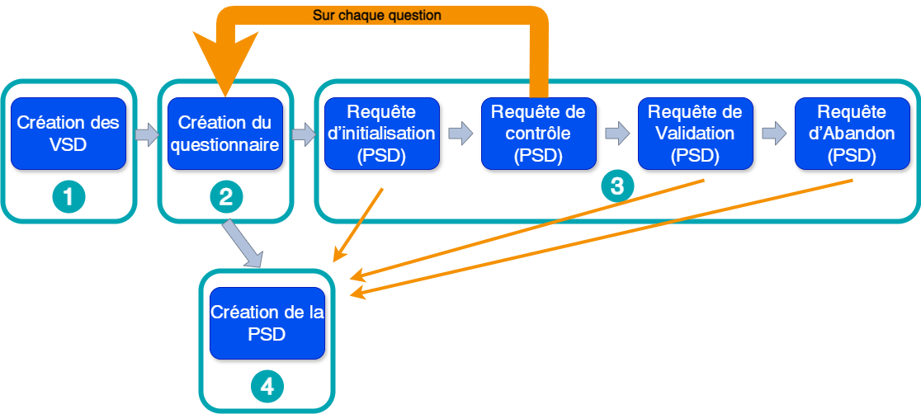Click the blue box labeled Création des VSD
pyautogui.click(x=68, y=134)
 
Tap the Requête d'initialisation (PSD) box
pyautogui.click(x=381, y=134)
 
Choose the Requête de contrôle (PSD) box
pyautogui.click(x=538, y=134)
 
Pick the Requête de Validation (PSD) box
pyautogui.click(x=695, y=134)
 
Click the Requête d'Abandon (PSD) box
pyautogui.click(x=853, y=134)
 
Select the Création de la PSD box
pyautogui.click(x=267, y=323)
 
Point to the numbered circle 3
pyautogui.click(x=616, y=186)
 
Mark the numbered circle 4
pyautogui.click(x=267, y=386)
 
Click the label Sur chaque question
pyautogui.click(x=376, y=15)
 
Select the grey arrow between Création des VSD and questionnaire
pyautogui.click(x=147, y=134)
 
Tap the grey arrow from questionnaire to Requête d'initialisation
pyautogui.click(x=303, y=134)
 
